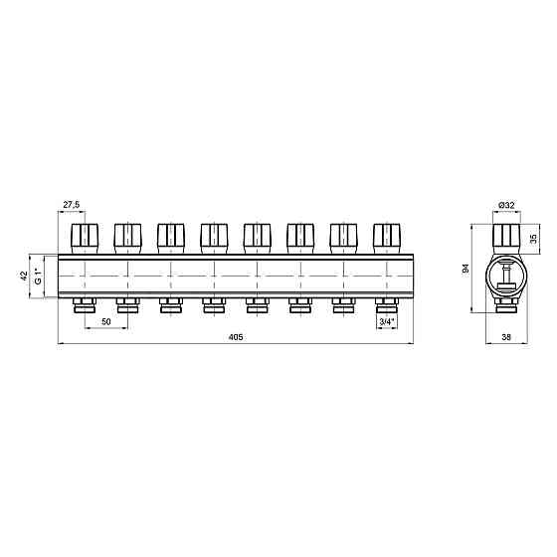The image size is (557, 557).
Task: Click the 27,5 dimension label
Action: point(72,205)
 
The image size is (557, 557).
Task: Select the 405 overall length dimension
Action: point(236,337)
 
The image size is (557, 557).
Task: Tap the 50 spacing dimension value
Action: point(106,322)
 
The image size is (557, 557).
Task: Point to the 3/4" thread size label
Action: point(387,322)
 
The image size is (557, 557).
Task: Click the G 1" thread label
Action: point(39,277)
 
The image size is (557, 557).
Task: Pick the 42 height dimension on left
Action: point(24,277)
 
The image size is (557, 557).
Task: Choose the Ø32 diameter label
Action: point(506,205)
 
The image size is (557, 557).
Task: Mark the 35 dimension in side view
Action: point(533,239)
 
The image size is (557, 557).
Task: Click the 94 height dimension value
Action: point(466,269)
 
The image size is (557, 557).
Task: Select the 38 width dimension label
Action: point(506,337)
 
